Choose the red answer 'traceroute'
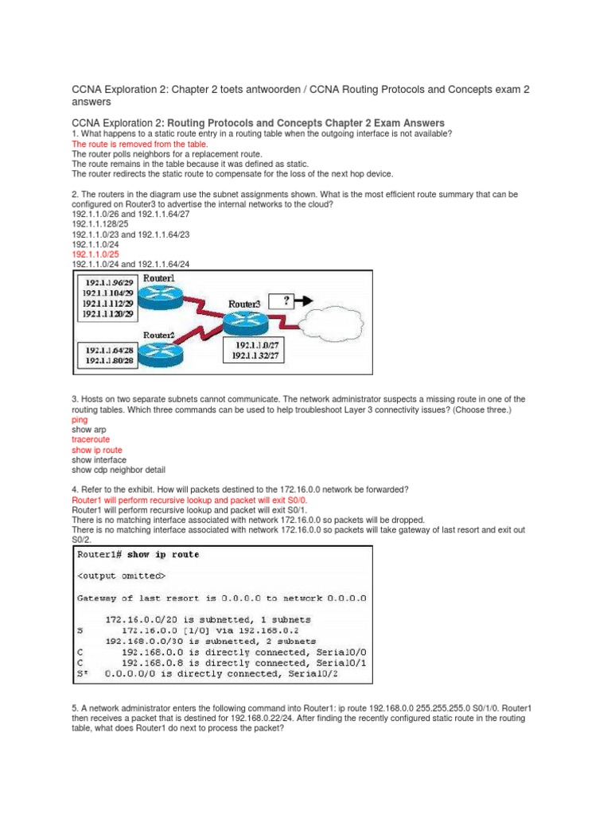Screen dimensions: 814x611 [x=91, y=439]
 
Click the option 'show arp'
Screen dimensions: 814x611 [x=88, y=428]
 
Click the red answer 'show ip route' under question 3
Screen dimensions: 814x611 [x=96, y=449]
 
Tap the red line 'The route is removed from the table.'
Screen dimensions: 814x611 [x=139, y=145]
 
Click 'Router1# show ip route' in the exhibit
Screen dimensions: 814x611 [x=138, y=554]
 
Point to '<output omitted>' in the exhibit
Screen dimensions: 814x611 [x=122, y=576]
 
